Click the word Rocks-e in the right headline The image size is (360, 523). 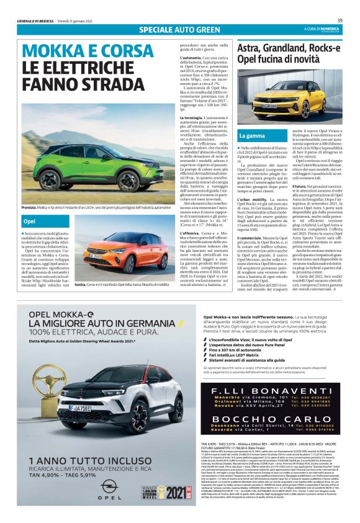pyautogui.click(x=324, y=48)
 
